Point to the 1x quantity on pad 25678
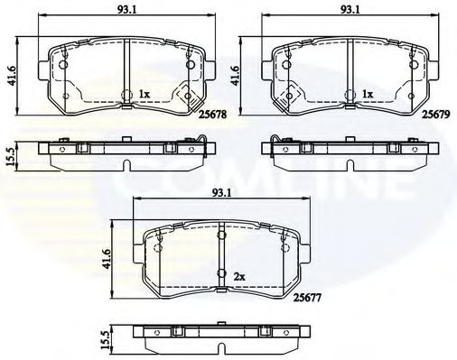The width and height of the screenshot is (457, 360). coord(145,94)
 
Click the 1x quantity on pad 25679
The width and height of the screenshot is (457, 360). coord(368,94)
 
